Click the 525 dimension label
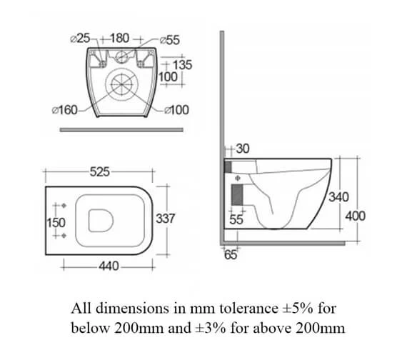pyautogui.click(x=99, y=171)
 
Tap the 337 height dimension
pyautogui.click(x=166, y=218)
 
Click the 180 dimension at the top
pyautogui.click(x=119, y=38)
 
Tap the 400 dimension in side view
pyautogui.click(x=355, y=215)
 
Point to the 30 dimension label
pyautogui.click(x=242, y=149)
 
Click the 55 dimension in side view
pyautogui.click(x=236, y=221)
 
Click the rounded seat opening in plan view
pyautogui.click(x=100, y=220)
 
